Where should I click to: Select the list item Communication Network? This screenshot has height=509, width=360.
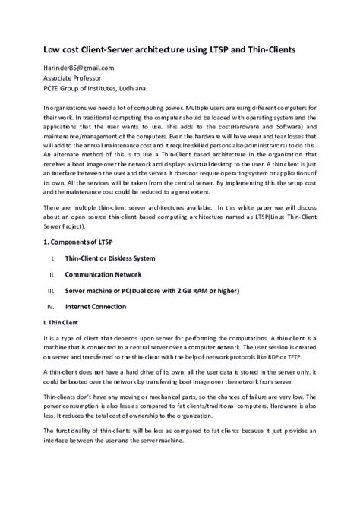(103, 274)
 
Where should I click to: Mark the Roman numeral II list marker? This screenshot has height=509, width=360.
(52, 274)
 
